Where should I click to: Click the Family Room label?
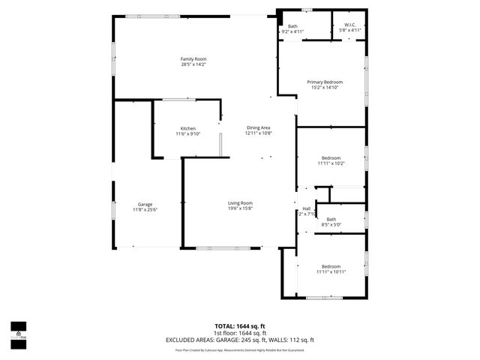click(x=193, y=59)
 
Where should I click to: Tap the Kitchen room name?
click(x=187, y=128)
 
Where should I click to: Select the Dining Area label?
click(x=258, y=128)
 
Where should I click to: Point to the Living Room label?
click(x=240, y=203)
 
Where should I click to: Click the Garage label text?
click(x=145, y=204)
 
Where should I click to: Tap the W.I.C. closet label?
click(x=349, y=26)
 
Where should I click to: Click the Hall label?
click(x=306, y=208)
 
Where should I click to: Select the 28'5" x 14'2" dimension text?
click(x=193, y=65)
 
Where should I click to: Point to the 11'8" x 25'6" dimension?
click(x=145, y=210)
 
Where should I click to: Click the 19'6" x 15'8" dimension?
click(x=240, y=209)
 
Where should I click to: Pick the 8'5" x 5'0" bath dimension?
click(x=331, y=224)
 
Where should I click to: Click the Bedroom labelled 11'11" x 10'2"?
click(x=331, y=157)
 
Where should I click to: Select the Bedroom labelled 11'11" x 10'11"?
click(x=331, y=266)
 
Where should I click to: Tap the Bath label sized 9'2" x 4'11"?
click(x=292, y=26)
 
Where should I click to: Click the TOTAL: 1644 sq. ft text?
click(x=240, y=326)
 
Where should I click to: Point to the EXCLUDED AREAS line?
click(x=240, y=339)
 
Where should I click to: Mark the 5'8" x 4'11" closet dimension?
click(x=349, y=31)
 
